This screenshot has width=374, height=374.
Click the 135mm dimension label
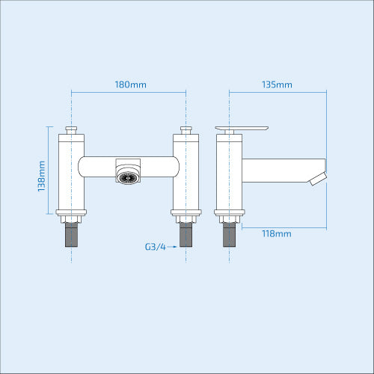click(278, 85)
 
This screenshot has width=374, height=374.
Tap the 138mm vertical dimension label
click(43, 177)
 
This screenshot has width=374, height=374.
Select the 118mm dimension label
click(278, 234)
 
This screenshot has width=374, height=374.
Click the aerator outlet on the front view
click(128, 176)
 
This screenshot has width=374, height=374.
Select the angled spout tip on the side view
click(318, 178)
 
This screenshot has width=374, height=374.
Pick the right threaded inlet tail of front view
click(186, 236)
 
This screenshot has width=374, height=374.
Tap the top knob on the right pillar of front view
click(186, 130)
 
